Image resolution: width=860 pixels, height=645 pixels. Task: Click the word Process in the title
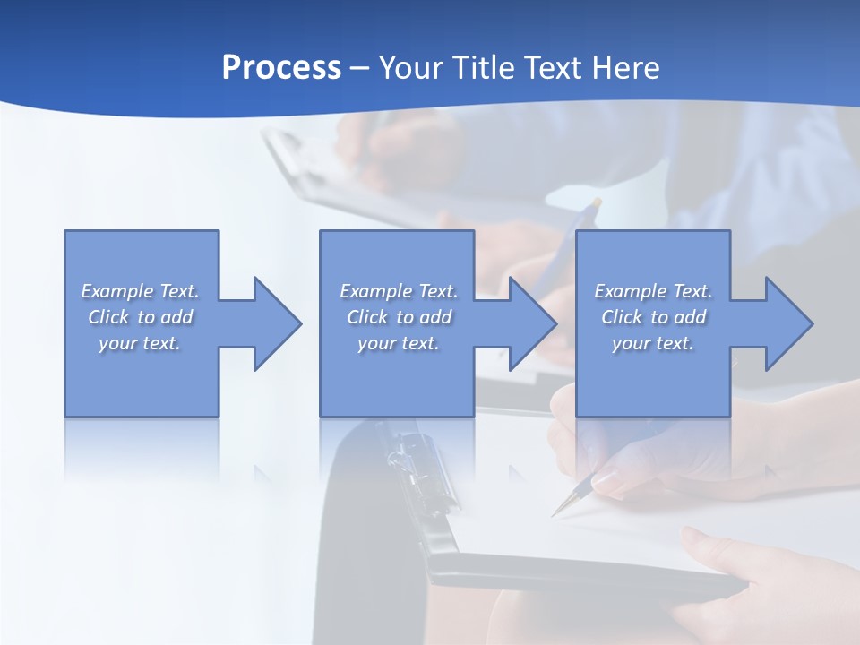pyautogui.click(x=281, y=68)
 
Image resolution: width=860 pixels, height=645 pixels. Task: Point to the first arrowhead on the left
pyautogui.click(x=273, y=323)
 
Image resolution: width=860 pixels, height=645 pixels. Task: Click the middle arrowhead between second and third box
pyautogui.click(x=529, y=323)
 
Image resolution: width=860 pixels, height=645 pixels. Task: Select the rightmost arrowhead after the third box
pyautogui.click(x=785, y=323)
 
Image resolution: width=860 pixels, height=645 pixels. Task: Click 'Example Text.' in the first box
pyautogui.click(x=141, y=291)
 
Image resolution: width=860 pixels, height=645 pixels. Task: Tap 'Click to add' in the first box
pyautogui.click(x=141, y=317)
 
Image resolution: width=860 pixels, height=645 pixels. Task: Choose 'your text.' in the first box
pyautogui.click(x=141, y=343)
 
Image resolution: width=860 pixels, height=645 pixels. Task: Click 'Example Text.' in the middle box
pyautogui.click(x=399, y=291)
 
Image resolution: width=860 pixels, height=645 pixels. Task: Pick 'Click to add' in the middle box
pyautogui.click(x=399, y=317)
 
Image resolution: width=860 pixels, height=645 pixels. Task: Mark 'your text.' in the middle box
pyautogui.click(x=399, y=343)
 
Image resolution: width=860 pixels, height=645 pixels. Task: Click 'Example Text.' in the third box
pyautogui.click(x=653, y=291)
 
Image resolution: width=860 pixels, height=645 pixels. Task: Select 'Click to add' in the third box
pyautogui.click(x=653, y=317)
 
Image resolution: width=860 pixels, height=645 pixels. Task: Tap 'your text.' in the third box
pyautogui.click(x=653, y=343)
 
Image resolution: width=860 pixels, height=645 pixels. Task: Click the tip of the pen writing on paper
pyautogui.click(x=555, y=515)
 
